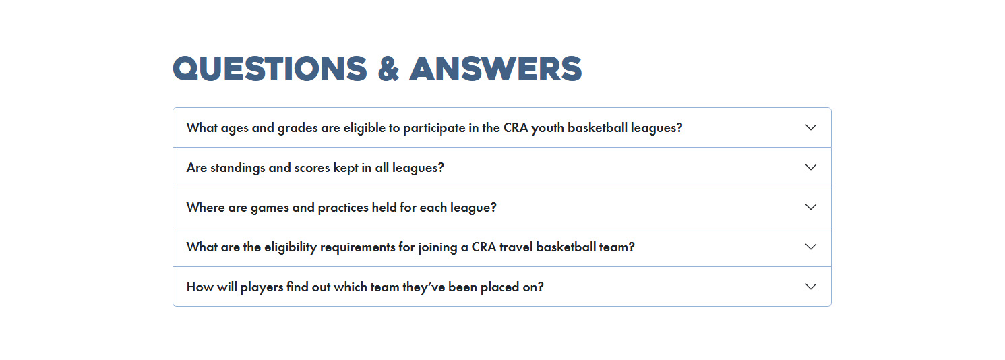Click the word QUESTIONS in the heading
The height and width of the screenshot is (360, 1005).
[x=270, y=69]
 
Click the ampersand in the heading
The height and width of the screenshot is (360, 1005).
[x=388, y=69]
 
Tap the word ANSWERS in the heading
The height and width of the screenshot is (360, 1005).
[x=495, y=69]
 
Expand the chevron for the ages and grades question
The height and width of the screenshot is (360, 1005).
[x=810, y=127]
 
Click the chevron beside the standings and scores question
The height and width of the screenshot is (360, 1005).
[x=810, y=167]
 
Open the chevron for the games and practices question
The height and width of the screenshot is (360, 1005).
[x=810, y=207]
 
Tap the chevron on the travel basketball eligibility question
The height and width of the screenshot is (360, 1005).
[x=810, y=247]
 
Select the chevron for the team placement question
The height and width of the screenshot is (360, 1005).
[x=810, y=287]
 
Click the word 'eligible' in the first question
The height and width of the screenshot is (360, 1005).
[x=364, y=128]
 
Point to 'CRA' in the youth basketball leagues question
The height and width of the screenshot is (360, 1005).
[x=516, y=128]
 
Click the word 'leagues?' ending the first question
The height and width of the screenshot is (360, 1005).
[x=657, y=129]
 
